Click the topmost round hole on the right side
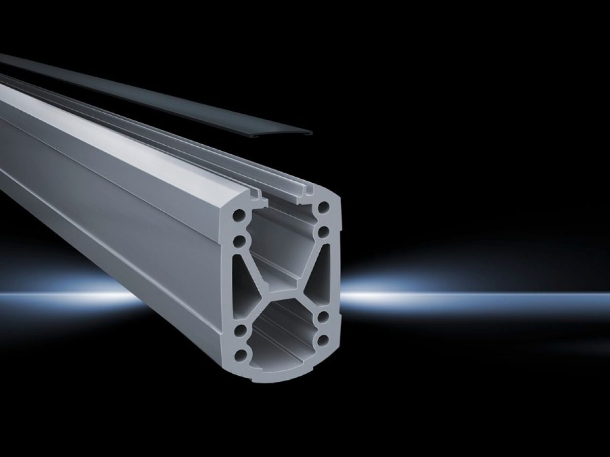pyautogui.click(x=323, y=208)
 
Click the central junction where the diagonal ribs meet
pyautogui.click(x=286, y=300)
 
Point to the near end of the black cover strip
pyautogui.click(x=300, y=132)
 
